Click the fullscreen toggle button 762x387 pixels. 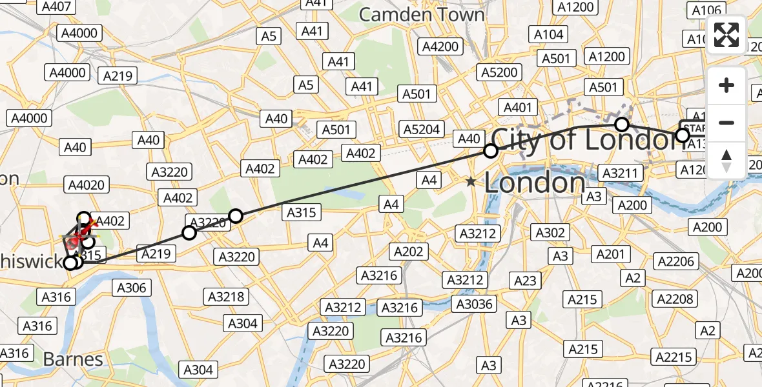(x=726, y=35)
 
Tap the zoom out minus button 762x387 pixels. (x=726, y=123)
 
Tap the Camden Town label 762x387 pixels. (x=421, y=14)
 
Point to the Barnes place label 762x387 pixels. (x=73, y=359)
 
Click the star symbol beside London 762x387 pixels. (x=471, y=183)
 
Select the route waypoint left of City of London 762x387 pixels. (x=491, y=151)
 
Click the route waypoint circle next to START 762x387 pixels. (x=682, y=135)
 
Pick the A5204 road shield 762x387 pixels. (x=422, y=129)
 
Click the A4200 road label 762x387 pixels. (x=440, y=46)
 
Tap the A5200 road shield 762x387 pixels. (x=500, y=72)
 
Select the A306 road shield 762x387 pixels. (x=132, y=288)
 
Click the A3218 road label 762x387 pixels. (x=225, y=297)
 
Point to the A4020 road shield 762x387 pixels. (x=85, y=186)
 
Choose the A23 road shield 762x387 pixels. (x=525, y=281)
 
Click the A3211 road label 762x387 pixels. (x=620, y=173)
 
